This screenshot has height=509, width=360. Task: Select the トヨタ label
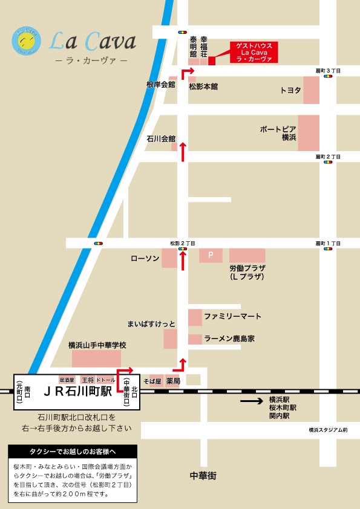(x=290, y=90)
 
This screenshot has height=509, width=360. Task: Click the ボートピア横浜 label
(x=278, y=134)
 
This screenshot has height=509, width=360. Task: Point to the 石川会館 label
(x=160, y=138)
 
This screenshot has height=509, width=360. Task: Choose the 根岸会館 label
(x=160, y=85)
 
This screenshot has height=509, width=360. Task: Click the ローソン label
(x=145, y=258)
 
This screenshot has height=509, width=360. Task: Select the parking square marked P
(x=211, y=255)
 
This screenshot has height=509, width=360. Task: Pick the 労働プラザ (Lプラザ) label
(x=247, y=272)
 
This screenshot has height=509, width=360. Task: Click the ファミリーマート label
(x=232, y=316)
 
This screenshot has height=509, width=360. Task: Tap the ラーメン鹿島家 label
(x=229, y=339)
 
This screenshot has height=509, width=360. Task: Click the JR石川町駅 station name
(x=77, y=391)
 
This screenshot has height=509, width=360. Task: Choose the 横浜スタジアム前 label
(x=328, y=430)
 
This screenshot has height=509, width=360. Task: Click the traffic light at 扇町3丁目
(x=328, y=77)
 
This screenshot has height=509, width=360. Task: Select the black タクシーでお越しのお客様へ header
(x=73, y=452)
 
